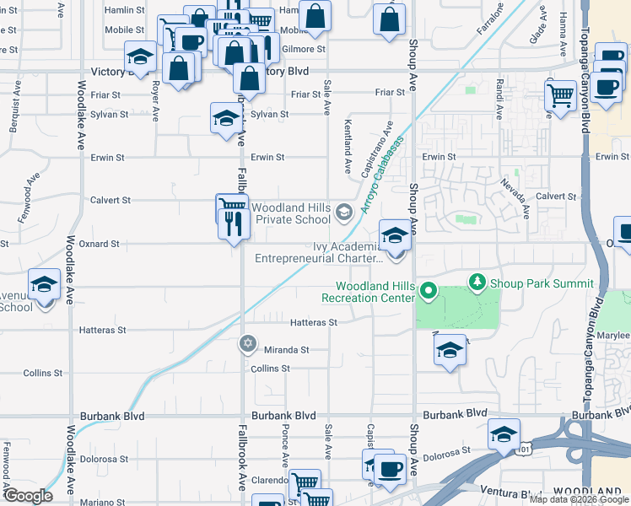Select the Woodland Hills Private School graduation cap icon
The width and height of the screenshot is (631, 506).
point(343,212)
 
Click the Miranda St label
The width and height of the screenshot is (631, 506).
point(287,349)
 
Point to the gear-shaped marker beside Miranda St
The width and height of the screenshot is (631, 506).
point(247,343)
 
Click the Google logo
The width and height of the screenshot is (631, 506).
point(28,496)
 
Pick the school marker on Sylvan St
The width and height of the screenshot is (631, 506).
point(225,119)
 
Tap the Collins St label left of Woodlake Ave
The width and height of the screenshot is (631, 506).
point(38,372)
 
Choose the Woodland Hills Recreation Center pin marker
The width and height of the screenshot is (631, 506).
point(428,293)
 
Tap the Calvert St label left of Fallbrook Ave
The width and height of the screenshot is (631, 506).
point(111,200)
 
